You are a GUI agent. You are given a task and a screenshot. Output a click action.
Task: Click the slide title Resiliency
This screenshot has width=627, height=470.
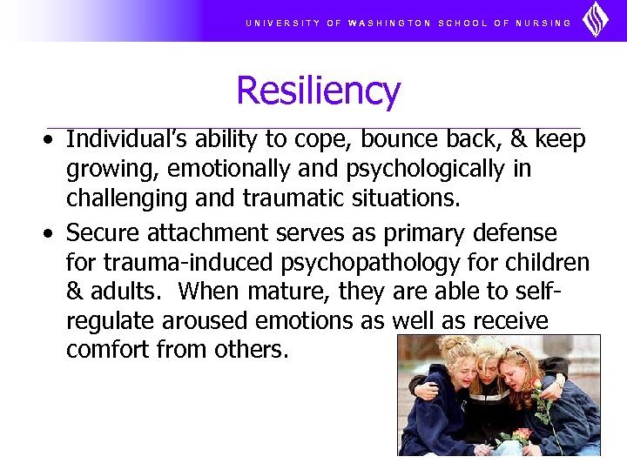pyautogui.click(x=318, y=91)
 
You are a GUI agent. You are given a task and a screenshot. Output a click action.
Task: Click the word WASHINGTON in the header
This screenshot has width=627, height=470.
pyautogui.click(x=389, y=23)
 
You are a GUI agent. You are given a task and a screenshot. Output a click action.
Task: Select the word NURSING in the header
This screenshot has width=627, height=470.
pyautogui.click(x=544, y=23)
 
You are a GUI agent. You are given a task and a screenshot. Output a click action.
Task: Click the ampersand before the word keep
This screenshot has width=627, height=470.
pyautogui.click(x=521, y=139)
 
